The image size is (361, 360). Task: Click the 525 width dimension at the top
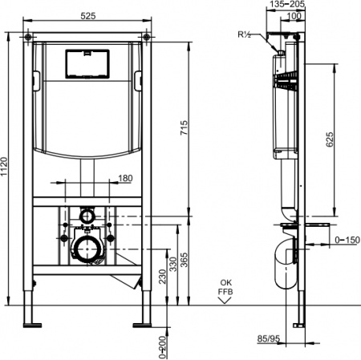click(x=90, y=14)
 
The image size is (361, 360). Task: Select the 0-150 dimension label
click(x=346, y=240)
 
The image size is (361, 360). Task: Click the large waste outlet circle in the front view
click(x=87, y=249)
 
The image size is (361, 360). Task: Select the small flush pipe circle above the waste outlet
click(x=87, y=216)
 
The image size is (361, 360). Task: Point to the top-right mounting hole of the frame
click(x=147, y=37)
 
